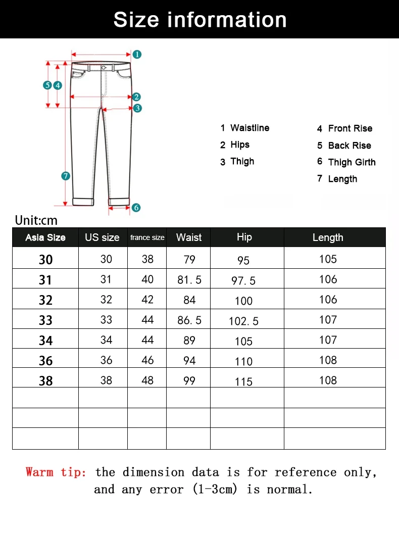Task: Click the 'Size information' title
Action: click(x=200, y=20)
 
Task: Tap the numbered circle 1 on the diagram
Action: click(x=137, y=54)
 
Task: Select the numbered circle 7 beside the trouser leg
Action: click(x=65, y=176)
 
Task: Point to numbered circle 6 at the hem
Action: click(x=136, y=207)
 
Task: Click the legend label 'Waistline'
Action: click(x=250, y=128)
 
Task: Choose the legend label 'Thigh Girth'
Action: click(x=352, y=162)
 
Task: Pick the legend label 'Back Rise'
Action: click(x=350, y=146)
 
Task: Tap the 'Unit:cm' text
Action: click(x=36, y=220)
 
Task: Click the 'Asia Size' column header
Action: click(x=45, y=237)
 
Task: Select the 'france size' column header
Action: click(x=147, y=237)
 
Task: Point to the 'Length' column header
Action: click(x=328, y=237)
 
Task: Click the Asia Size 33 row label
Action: click(x=45, y=320)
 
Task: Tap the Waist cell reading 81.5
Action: click(x=189, y=280)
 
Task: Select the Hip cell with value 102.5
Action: click(x=243, y=321)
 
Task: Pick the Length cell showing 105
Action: click(x=328, y=259)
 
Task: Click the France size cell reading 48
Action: click(x=147, y=380)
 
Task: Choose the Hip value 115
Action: click(x=243, y=382)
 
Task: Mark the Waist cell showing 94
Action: click(x=189, y=360)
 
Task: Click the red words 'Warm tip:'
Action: click(x=56, y=472)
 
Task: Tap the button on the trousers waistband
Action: click(x=104, y=68)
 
